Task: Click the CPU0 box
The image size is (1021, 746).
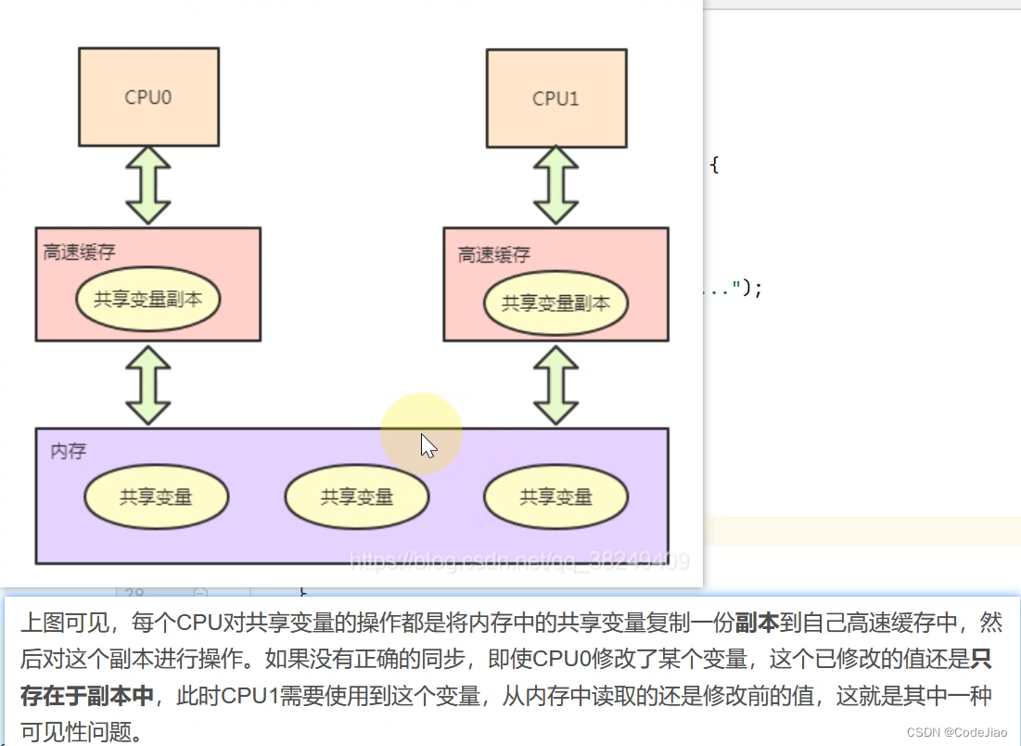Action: [148, 96]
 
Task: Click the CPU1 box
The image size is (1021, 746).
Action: [555, 97]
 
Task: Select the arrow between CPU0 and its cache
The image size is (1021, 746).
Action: [148, 185]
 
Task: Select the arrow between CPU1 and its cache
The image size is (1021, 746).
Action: [555, 185]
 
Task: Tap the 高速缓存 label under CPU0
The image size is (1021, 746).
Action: [80, 252]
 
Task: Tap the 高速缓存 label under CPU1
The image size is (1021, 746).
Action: [494, 254]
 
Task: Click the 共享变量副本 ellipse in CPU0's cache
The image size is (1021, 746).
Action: [148, 300]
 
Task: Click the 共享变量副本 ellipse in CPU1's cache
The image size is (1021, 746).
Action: [555, 302]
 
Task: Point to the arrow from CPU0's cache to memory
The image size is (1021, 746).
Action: [148, 385]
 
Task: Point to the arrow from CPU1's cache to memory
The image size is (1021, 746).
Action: [555, 385]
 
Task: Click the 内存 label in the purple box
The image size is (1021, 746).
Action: [68, 452]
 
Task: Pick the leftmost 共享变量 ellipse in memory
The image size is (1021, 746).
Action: [156, 497]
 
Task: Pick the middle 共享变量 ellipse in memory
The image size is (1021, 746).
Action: [357, 497]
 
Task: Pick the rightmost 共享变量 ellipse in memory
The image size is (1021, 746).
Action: [555, 497]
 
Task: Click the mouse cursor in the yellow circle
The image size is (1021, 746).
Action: [428, 445]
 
